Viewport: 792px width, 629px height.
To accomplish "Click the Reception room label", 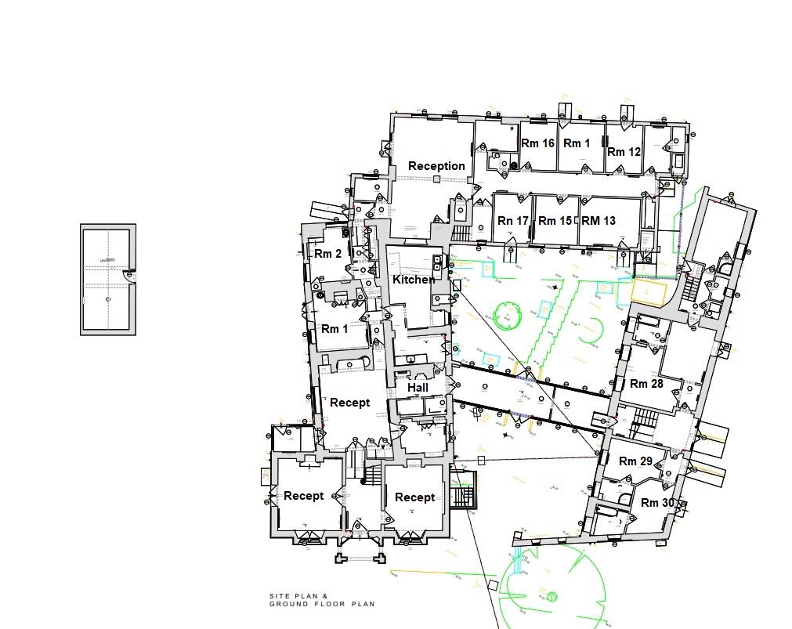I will pyautogui.click(x=436, y=166).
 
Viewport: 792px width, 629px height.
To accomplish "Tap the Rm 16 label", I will pyautogui.click(x=537, y=143).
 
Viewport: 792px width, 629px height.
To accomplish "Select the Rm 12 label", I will pyautogui.click(x=624, y=151).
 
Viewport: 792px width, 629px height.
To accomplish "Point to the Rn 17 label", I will pyautogui.click(x=513, y=221).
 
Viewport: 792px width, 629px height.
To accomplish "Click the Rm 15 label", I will pyautogui.click(x=555, y=221).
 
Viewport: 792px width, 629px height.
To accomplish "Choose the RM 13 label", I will pyautogui.click(x=599, y=221).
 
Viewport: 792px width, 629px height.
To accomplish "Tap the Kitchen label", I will pyautogui.click(x=414, y=280).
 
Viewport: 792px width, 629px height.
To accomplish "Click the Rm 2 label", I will pyautogui.click(x=328, y=254).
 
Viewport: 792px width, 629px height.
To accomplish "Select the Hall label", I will pyautogui.click(x=418, y=388).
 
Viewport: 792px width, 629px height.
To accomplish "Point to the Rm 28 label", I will pyautogui.click(x=646, y=384).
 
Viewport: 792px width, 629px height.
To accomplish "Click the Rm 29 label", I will pyautogui.click(x=635, y=461).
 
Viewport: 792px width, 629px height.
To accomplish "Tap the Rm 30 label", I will pyautogui.click(x=657, y=503).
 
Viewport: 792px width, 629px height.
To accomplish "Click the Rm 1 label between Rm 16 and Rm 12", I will pyautogui.click(x=577, y=143).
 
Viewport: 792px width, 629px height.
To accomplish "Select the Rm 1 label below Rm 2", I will pyautogui.click(x=335, y=329).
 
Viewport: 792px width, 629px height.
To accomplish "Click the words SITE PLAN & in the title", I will pyautogui.click(x=298, y=596).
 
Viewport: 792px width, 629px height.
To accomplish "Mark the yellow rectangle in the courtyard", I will pyautogui.click(x=649, y=292).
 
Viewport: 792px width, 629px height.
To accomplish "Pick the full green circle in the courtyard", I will pyautogui.click(x=508, y=316).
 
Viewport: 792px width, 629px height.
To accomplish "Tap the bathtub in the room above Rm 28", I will pyautogui.click(x=650, y=322).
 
